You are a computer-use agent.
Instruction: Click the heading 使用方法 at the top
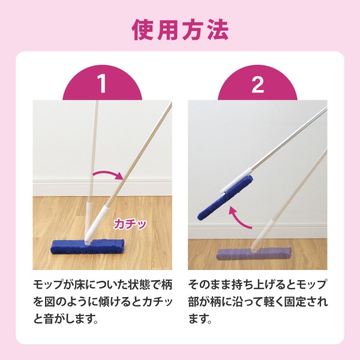[180, 30]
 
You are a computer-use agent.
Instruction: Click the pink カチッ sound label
[130, 224]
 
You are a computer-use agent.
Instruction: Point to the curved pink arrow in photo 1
[108, 173]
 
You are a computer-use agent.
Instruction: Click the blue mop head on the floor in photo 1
[88, 247]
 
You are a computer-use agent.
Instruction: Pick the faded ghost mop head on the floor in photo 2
[254, 253]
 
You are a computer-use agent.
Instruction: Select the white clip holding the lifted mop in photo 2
[235, 181]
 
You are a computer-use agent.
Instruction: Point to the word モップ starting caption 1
[49, 285]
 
